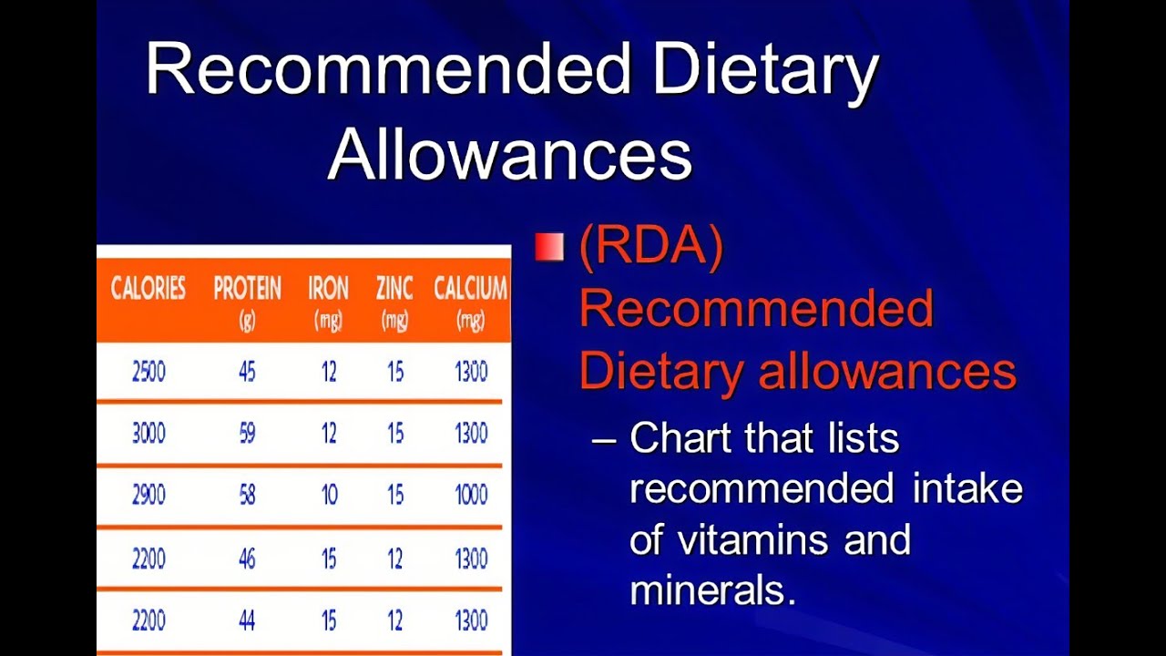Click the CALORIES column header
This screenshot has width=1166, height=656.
(x=148, y=290)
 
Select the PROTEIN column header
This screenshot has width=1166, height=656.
(x=247, y=290)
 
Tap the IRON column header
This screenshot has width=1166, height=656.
(x=328, y=290)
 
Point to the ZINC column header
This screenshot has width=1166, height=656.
(x=394, y=290)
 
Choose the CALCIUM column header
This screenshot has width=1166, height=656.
(x=470, y=290)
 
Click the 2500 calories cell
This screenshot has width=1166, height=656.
(x=148, y=372)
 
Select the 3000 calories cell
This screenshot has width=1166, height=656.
(x=148, y=433)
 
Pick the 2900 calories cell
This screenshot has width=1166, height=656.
(x=148, y=495)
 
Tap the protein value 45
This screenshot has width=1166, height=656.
(x=247, y=372)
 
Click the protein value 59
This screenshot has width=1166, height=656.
(x=247, y=433)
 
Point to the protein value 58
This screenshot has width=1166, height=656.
(x=247, y=495)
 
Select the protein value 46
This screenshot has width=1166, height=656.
(x=247, y=558)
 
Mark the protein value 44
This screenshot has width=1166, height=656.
(x=247, y=620)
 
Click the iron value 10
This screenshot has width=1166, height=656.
(x=329, y=495)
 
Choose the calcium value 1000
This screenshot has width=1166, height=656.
(x=471, y=495)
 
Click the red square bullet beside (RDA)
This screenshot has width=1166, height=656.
(x=549, y=247)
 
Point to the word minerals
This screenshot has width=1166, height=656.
(x=712, y=590)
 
